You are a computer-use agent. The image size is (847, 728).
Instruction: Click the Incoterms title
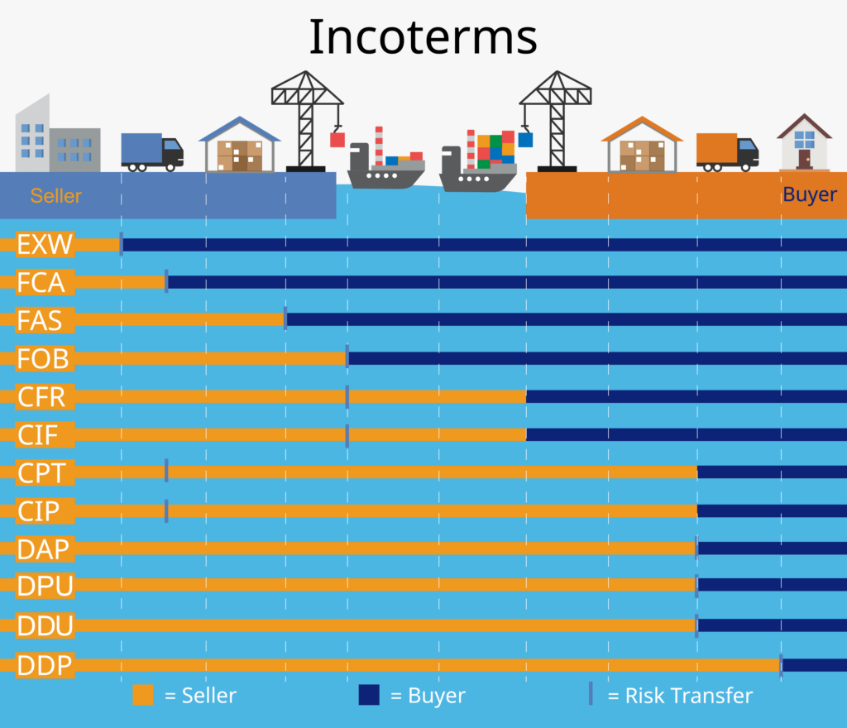coord(423,37)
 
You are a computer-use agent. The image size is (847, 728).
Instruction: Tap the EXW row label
coord(45,244)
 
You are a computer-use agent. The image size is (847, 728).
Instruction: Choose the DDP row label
coord(45,665)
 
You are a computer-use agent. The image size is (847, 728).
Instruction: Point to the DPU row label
coord(45,587)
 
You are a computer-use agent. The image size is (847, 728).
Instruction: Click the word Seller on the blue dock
coord(56,196)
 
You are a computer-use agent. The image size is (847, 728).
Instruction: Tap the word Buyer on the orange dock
coord(810,195)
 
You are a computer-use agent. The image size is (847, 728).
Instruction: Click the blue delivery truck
coord(151,151)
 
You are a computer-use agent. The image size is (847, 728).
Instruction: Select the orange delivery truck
coord(726,151)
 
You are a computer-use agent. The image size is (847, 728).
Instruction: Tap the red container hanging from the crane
coord(337,140)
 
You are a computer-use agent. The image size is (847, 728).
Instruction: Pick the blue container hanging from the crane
coord(525,139)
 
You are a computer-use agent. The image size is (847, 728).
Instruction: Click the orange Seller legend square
coord(143,695)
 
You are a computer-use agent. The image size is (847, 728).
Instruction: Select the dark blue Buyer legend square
coord(369,695)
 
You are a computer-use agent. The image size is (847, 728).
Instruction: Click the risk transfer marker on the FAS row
coord(285,319)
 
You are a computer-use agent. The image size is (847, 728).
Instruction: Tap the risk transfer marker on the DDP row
coord(781,665)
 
